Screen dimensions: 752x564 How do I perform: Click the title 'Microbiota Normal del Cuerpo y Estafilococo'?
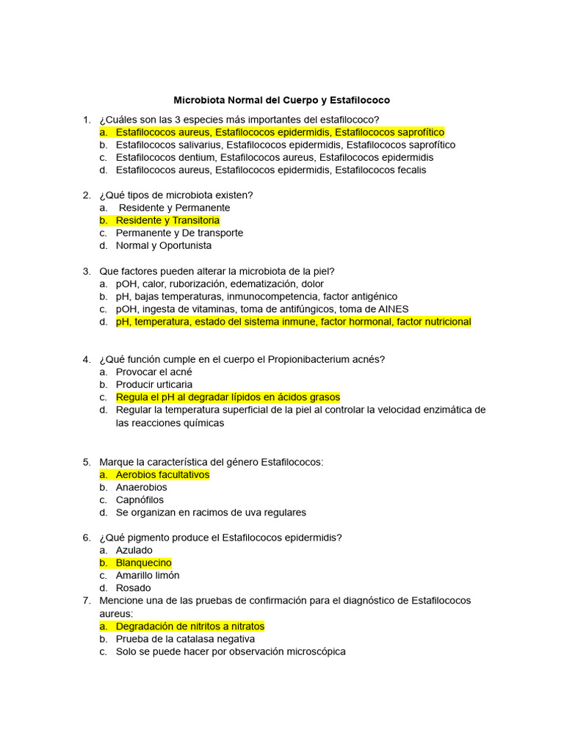pyautogui.click(x=281, y=100)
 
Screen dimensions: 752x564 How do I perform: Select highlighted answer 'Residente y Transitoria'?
pyautogui.click(x=167, y=220)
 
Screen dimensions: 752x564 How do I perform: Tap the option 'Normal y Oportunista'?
pyautogui.click(x=163, y=245)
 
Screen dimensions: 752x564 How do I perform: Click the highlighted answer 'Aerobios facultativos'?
pyautogui.click(x=162, y=474)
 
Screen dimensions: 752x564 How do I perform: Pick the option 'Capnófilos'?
pyautogui.click(x=140, y=499)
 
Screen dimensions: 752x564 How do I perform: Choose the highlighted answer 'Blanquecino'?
pyautogui.click(x=143, y=563)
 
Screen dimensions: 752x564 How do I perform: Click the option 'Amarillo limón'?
pyautogui.click(x=147, y=575)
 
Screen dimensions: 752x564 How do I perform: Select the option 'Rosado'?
pyautogui.click(x=133, y=587)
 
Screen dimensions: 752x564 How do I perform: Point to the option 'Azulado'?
pyautogui.click(x=134, y=550)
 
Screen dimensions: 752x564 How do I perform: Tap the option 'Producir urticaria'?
pyautogui.click(x=154, y=384)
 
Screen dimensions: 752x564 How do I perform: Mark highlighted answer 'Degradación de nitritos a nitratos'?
pyautogui.click(x=190, y=626)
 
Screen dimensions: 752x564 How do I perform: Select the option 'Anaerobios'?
pyautogui.click(x=141, y=487)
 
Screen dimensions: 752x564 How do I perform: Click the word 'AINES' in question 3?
pyautogui.click(x=394, y=309)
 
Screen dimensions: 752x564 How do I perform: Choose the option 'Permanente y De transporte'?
pyautogui.click(x=179, y=233)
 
